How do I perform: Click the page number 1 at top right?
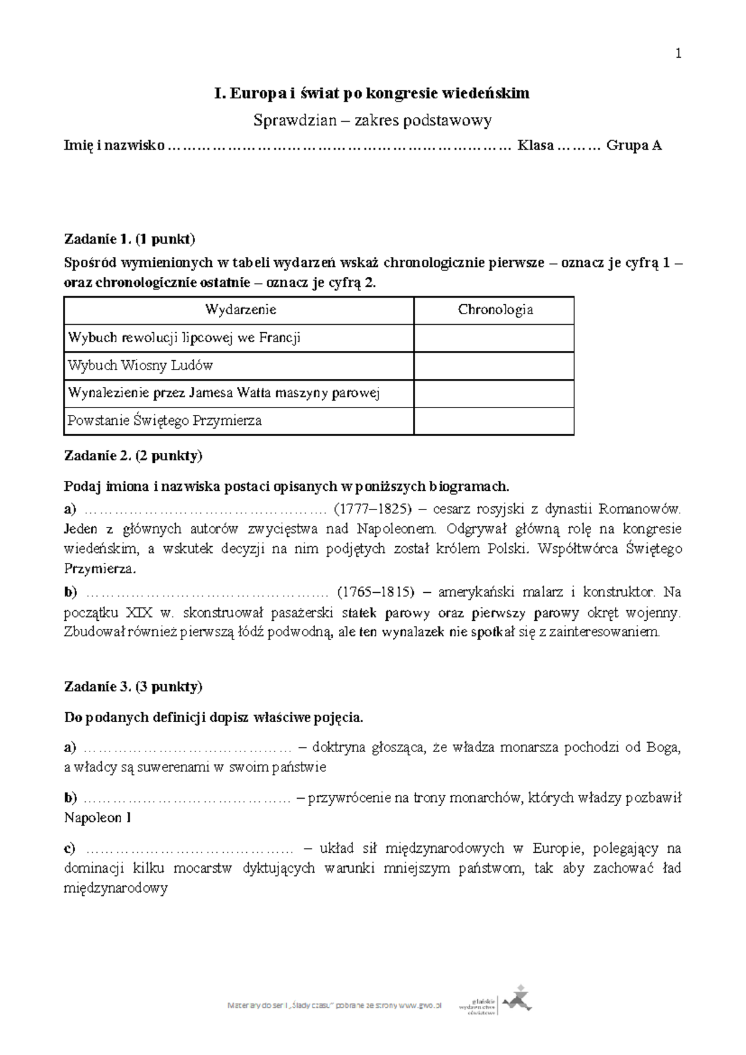678,54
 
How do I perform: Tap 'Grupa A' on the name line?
633,146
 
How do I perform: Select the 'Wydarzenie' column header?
240,310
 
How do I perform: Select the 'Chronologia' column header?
495,310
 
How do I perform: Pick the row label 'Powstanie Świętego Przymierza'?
165,421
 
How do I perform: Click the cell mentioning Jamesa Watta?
224,393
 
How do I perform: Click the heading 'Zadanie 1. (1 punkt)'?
130,239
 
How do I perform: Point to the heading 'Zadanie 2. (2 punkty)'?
133,456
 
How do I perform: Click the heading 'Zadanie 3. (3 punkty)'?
133,687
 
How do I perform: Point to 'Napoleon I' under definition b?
98,818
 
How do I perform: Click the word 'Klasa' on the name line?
536,146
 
